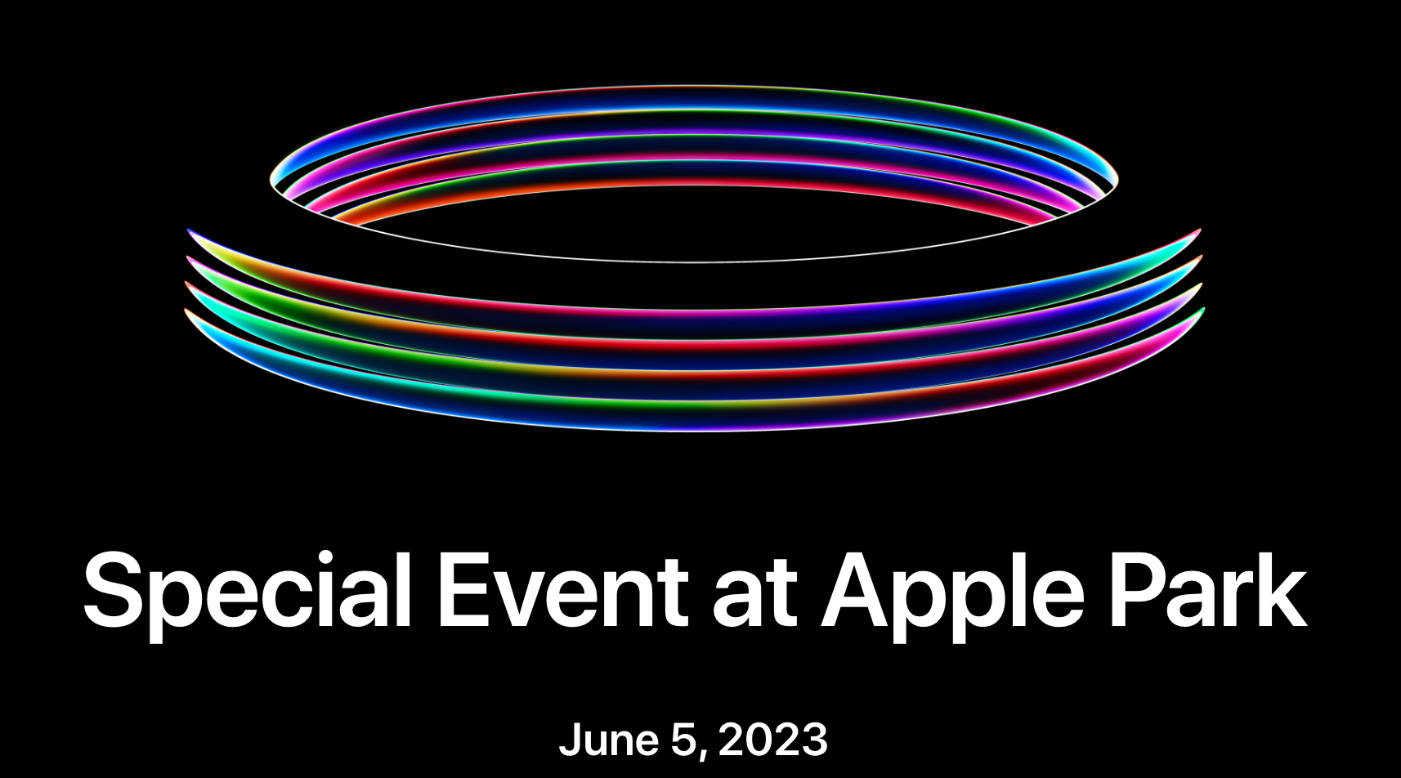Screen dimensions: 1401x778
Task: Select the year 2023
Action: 773,740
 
